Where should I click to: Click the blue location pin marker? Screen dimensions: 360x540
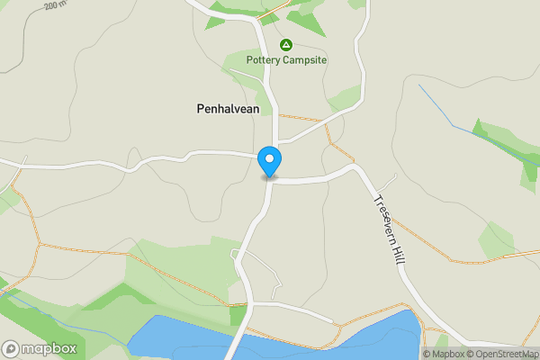269,162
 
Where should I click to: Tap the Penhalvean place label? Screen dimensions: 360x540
228,109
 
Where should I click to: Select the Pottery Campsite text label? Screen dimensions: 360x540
286,60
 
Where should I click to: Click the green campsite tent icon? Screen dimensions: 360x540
286,44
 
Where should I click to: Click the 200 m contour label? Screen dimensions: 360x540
55,5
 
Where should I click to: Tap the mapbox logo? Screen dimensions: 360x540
40,348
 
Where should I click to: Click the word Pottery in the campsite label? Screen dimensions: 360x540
265,60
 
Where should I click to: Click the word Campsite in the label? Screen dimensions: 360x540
306,60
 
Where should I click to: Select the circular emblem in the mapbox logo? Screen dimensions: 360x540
11,348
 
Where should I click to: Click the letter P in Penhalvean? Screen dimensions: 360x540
200,109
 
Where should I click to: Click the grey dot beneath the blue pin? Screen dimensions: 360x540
269,177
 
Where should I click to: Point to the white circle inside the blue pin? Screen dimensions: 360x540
269,158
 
